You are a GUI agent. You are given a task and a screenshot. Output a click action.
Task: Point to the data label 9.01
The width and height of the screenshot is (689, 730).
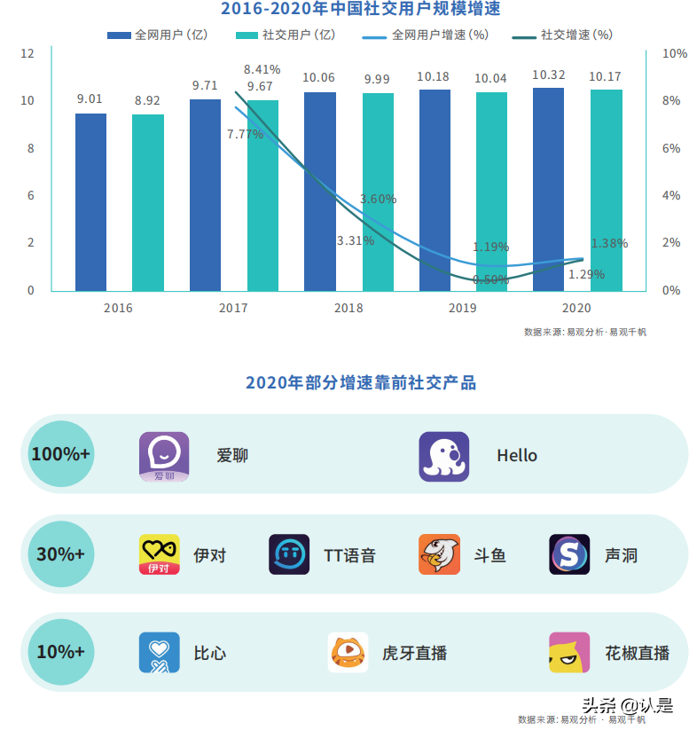(x=90, y=98)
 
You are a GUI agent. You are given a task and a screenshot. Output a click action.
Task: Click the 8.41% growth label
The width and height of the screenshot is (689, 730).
(x=262, y=69)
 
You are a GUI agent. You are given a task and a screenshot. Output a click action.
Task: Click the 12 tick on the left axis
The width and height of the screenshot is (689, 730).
(x=27, y=53)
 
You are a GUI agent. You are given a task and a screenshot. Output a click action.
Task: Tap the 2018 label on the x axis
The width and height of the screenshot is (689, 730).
(x=348, y=308)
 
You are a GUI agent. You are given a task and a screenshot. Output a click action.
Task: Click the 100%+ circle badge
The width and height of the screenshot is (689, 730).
(x=60, y=454)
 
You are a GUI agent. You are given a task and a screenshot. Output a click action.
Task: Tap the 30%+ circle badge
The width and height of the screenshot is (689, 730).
(x=60, y=554)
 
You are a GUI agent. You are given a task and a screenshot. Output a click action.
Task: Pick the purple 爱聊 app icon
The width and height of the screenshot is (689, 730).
(x=164, y=456)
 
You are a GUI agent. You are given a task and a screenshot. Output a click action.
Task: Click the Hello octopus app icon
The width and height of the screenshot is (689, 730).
(x=443, y=456)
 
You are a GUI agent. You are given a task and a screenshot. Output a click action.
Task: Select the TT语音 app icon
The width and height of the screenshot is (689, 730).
(x=289, y=554)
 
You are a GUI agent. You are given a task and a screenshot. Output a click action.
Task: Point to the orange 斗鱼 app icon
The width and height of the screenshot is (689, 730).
(x=439, y=554)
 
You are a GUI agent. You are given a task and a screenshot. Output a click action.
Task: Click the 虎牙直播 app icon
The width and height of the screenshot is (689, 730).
(x=348, y=653)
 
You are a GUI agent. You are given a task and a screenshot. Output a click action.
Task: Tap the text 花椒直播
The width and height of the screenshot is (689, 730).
(x=637, y=654)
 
